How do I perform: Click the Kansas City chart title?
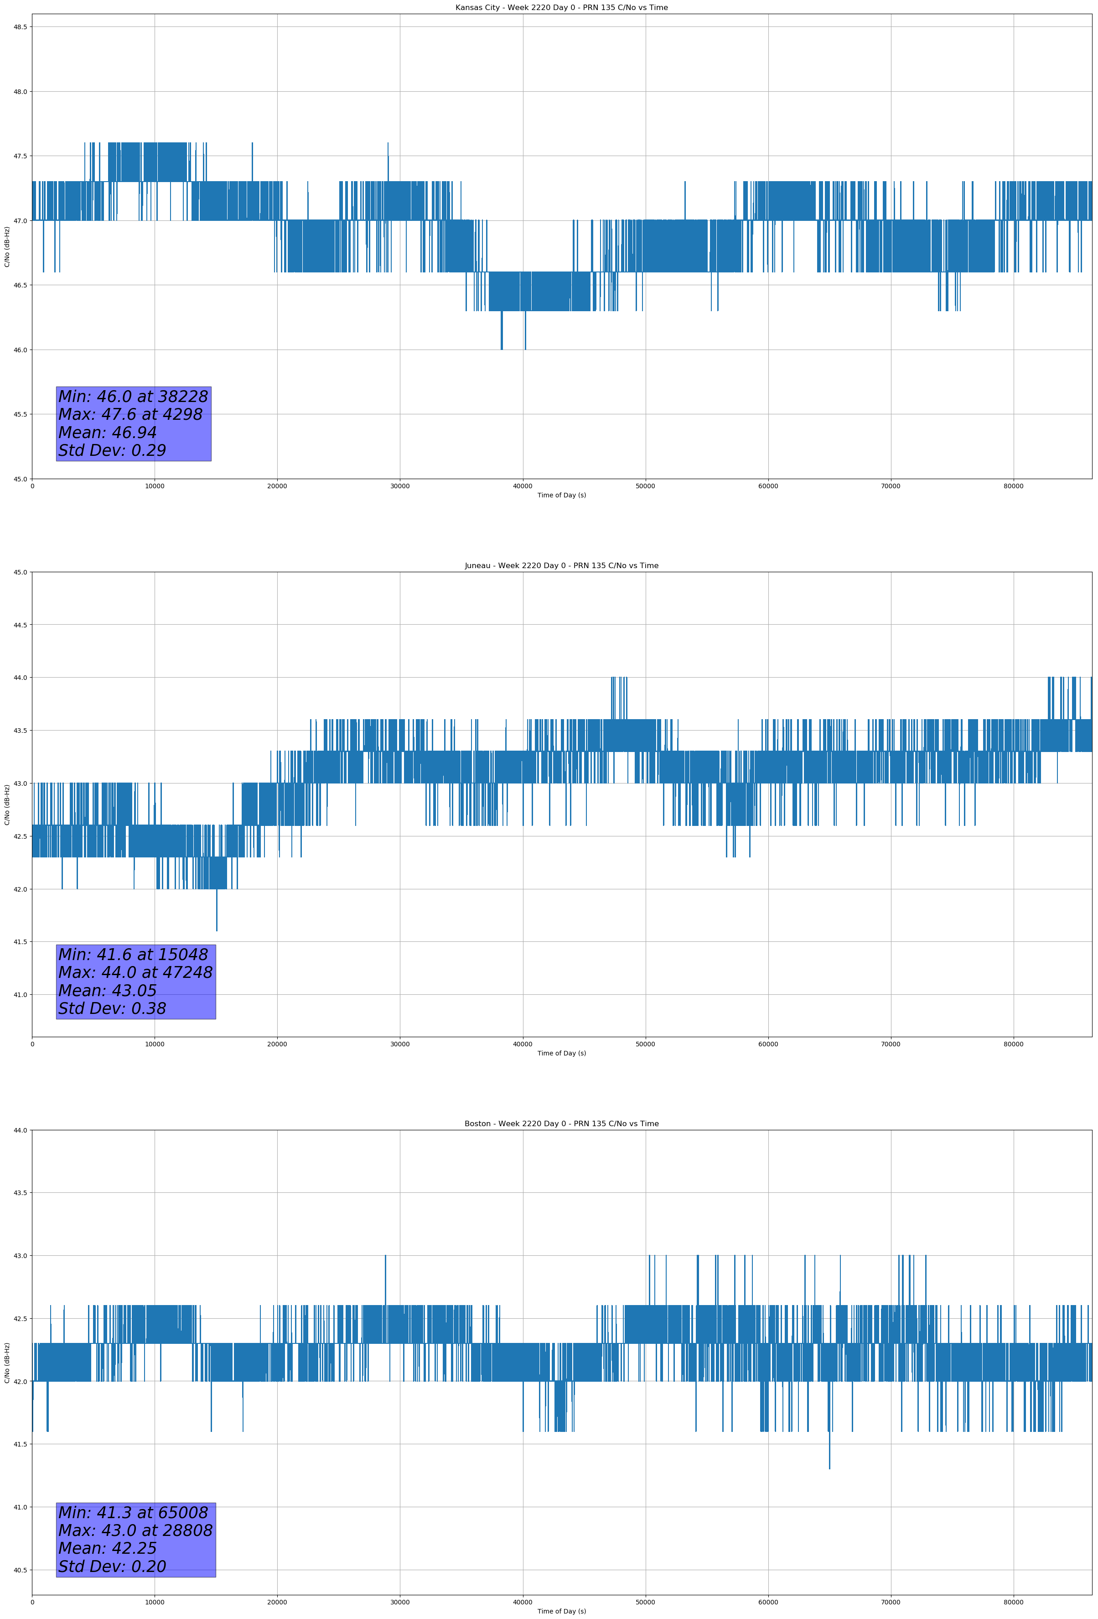(x=561, y=8)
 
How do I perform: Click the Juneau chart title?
(x=561, y=566)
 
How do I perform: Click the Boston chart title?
(x=561, y=1124)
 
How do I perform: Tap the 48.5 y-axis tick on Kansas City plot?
(x=20, y=27)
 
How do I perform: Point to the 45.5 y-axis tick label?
(x=20, y=414)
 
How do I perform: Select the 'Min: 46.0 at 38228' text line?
(x=133, y=397)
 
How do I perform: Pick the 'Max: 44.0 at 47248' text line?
(x=135, y=972)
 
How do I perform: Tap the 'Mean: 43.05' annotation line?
(x=107, y=991)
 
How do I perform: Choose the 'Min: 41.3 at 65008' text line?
(x=133, y=1512)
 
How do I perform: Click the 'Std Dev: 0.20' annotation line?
(x=112, y=1567)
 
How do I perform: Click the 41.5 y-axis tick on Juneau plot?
(x=20, y=942)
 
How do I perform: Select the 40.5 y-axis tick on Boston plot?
(x=20, y=1570)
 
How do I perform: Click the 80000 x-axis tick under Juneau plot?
(x=1013, y=1044)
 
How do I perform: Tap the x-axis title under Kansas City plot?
(x=561, y=495)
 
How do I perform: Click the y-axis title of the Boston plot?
(x=7, y=1363)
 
